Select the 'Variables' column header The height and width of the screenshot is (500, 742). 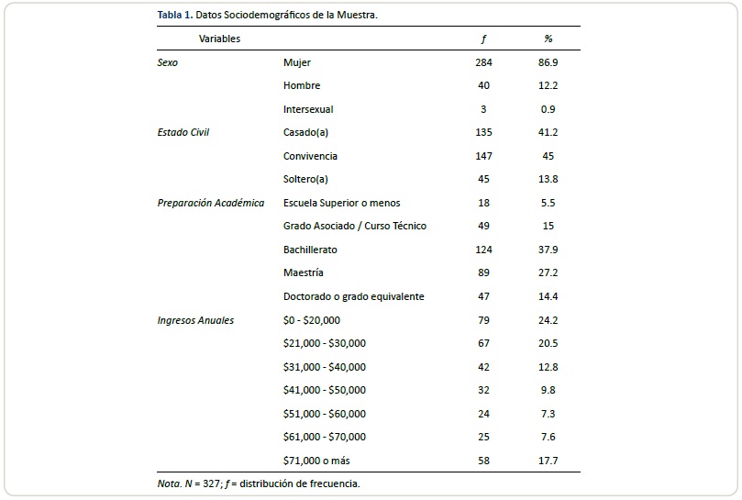pyautogui.click(x=220, y=39)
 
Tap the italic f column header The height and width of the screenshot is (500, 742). pyautogui.click(x=483, y=39)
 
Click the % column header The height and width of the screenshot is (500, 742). pyautogui.click(x=548, y=39)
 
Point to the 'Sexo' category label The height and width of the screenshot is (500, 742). pyautogui.click(x=169, y=62)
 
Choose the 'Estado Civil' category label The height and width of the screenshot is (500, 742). pyautogui.click(x=183, y=132)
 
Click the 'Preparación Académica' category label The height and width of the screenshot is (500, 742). pyautogui.click(x=211, y=203)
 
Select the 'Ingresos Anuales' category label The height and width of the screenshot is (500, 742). pyautogui.click(x=195, y=320)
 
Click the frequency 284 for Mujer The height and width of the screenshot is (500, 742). pyautogui.click(x=483, y=62)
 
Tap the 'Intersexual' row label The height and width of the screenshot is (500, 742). pyautogui.click(x=308, y=109)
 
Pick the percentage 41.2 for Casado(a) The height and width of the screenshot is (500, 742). pyautogui.click(x=548, y=132)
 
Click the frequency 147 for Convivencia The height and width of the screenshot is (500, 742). pyautogui.click(x=483, y=156)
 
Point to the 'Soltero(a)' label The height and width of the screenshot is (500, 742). pyautogui.click(x=305, y=180)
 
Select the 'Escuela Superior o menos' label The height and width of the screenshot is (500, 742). pyautogui.click(x=342, y=203)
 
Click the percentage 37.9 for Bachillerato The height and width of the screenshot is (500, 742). pyautogui.click(x=548, y=250)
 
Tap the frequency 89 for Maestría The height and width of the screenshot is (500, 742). pyautogui.click(x=483, y=272)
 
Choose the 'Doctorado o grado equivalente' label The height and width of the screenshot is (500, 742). pyautogui.click(x=354, y=296)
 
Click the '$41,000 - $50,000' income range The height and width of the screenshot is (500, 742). pyautogui.click(x=325, y=390)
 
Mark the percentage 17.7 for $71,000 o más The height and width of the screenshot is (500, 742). pyautogui.click(x=548, y=461)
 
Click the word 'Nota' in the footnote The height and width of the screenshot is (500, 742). pyautogui.click(x=170, y=483)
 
